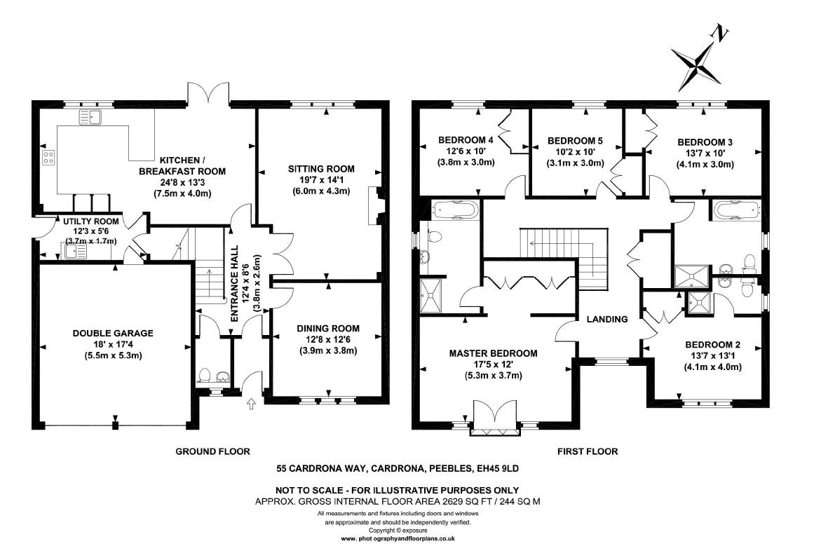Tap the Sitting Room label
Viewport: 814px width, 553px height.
[x=321, y=169]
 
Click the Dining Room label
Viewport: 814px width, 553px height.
[x=327, y=328]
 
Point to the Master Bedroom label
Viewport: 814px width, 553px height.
[x=493, y=353]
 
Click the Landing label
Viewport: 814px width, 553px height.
[x=607, y=319]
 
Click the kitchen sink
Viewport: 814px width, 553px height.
[x=91, y=116]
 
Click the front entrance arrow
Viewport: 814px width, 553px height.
[x=252, y=404]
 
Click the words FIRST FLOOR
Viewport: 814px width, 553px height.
[x=588, y=452]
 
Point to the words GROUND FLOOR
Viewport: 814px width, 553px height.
[x=212, y=452]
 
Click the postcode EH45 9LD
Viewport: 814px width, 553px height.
[x=497, y=468]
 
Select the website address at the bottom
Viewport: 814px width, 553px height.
[x=398, y=539]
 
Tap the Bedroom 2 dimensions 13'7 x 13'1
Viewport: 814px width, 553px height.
[x=712, y=356]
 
